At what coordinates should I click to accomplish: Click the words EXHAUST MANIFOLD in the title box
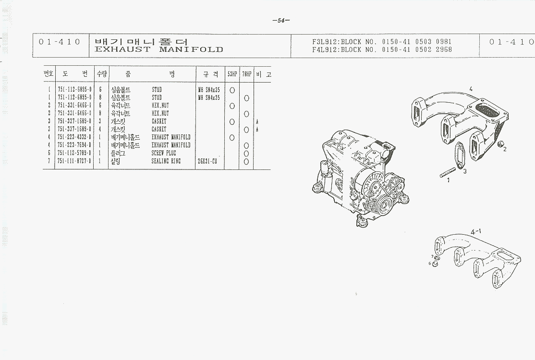(x=159, y=49)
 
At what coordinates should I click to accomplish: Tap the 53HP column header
(x=232, y=74)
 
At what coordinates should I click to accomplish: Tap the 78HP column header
(x=246, y=74)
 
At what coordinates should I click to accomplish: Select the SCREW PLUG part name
(x=164, y=153)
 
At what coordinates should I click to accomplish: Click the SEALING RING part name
(x=166, y=161)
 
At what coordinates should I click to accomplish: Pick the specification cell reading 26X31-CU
(x=207, y=161)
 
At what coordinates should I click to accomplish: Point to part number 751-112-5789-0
(x=74, y=153)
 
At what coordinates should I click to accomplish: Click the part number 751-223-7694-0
(x=74, y=145)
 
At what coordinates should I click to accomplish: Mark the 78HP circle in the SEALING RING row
(x=246, y=161)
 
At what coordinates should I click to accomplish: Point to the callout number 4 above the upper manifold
(x=471, y=89)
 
